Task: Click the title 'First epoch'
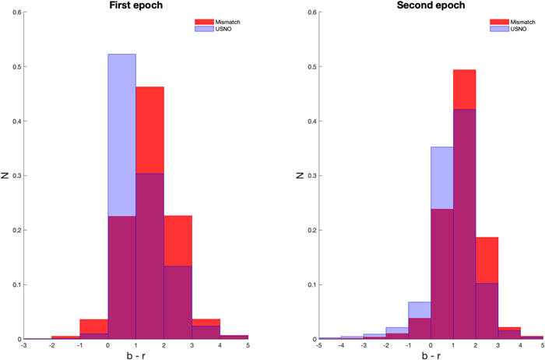coord(136,5)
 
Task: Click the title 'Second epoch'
coord(431,5)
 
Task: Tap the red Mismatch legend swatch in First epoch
coord(204,22)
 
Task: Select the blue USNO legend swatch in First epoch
coord(204,29)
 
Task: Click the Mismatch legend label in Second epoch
coord(522,22)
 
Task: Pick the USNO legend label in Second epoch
coord(519,29)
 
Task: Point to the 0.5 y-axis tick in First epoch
coord(18,67)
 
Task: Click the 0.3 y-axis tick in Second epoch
coord(313,175)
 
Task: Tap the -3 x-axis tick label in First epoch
coord(23,346)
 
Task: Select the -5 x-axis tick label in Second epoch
coord(318,346)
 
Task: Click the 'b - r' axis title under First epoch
coord(136,355)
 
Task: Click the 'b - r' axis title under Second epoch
coord(431,355)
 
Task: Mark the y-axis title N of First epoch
coord(5,175)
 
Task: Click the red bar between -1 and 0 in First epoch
coord(94,326)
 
